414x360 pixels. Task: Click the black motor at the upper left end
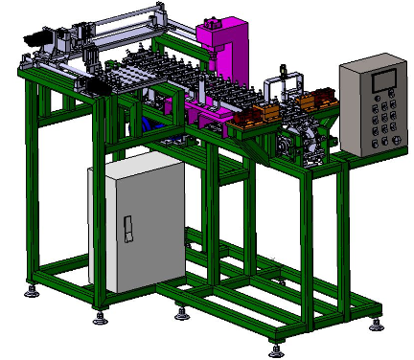(x=34, y=37)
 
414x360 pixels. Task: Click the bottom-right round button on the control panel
(x=397, y=140)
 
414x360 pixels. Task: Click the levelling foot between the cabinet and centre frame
(x=181, y=310)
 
